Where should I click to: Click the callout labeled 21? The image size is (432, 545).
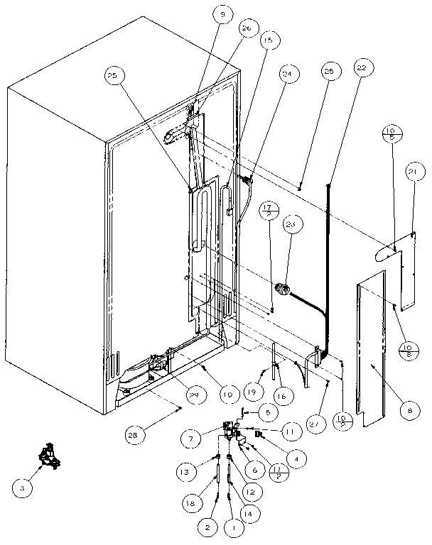coord(415,172)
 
